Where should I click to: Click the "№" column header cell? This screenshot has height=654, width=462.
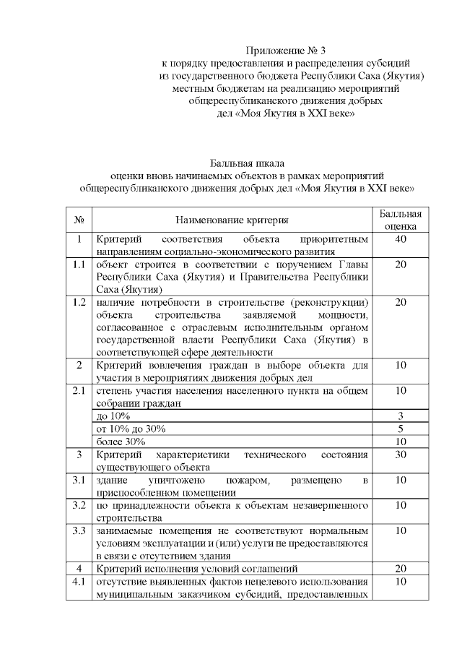(79, 219)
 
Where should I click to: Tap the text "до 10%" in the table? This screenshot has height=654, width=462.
(113, 416)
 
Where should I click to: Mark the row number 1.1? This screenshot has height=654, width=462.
(79, 264)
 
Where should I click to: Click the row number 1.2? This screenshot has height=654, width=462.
(79, 301)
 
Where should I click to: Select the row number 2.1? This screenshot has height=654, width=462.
(79, 390)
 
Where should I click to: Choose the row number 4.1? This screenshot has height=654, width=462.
(79, 581)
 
